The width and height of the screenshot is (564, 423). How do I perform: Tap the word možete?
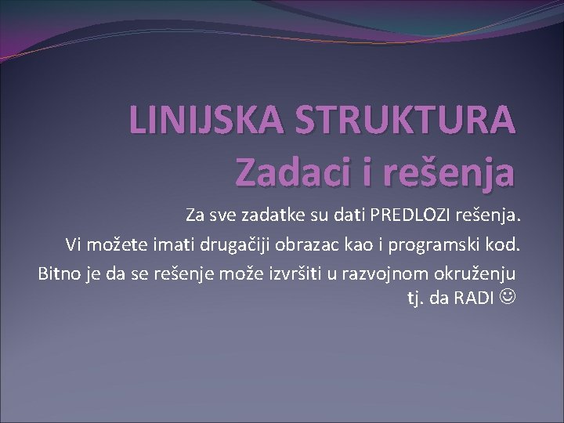[x=112, y=244]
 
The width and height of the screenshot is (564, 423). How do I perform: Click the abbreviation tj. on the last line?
[x=415, y=298]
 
